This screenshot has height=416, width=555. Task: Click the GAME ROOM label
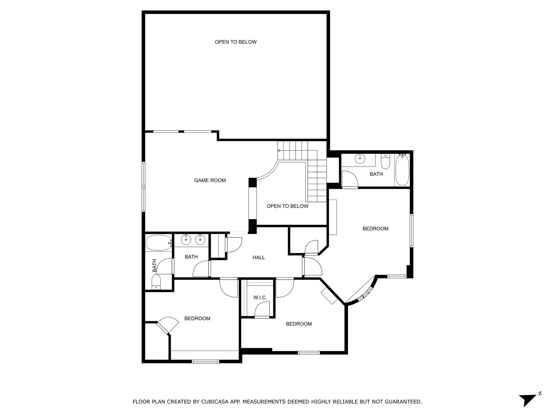pyautogui.click(x=210, y=180)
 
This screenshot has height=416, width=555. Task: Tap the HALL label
pyautogui.click(x=259, y=258)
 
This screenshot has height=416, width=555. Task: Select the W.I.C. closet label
pyautogui.click(x=260, y=298)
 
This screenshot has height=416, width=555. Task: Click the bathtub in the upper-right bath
pyautogui.click(x=402, y=170)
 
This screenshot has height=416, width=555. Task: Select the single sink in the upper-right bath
pyautogui.click(x=360, y=158)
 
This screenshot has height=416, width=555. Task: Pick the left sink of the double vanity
pyautogui.click(x=186, y=240)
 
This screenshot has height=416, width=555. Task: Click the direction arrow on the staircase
pyautogui.click(x=279, y=150)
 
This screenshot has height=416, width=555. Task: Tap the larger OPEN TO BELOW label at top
pyautogui.click(x=235, y=42)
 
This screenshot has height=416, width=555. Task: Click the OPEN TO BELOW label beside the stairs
pyautogui.click(x=287, y=206)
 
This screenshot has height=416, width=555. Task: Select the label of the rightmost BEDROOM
pyautogui.click(x=375, y=229)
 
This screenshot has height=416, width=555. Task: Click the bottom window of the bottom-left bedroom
pyautogui.click(x=205, y=361)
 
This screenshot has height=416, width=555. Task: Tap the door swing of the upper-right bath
pyautogui.click(x=350, y=179)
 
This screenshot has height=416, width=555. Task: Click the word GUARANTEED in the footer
pyautogui.click(x=403, y=402)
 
